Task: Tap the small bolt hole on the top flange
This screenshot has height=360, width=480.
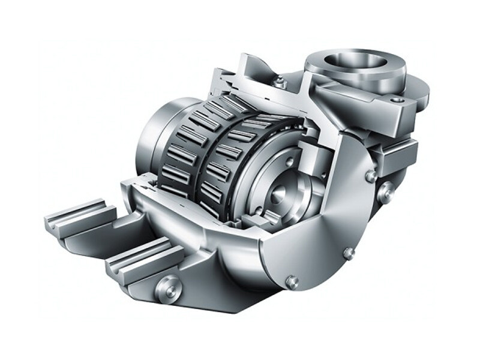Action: (x=397, y=99)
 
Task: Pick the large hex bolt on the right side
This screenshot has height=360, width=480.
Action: (x=385, y=192)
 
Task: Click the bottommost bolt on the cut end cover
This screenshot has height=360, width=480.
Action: (x=292, y=281)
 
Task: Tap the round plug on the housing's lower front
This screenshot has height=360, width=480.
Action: (x=167, y=289)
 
